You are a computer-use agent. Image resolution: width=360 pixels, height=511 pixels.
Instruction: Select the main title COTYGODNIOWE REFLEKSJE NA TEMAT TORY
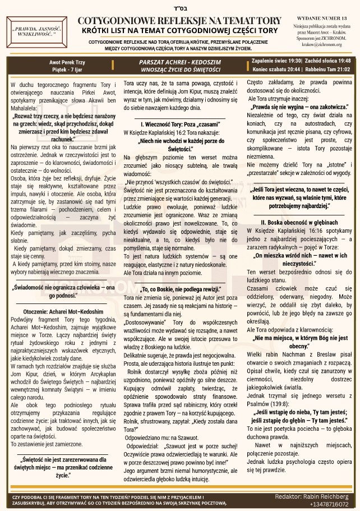pyautogui.click(x=180, y=20)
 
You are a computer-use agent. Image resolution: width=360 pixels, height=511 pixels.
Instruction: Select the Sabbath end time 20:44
pyautogui.click(x=291, y=69)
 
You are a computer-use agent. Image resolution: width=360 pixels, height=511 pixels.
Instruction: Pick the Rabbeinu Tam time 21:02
pyautogui.click(x=344, y=69)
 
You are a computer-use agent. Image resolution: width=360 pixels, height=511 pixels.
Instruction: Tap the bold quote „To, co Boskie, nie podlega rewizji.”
pyautogui.click(x=180, y=289)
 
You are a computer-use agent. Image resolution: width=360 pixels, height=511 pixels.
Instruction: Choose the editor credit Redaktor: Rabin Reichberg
pyautogui.click(x=311, y=496)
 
